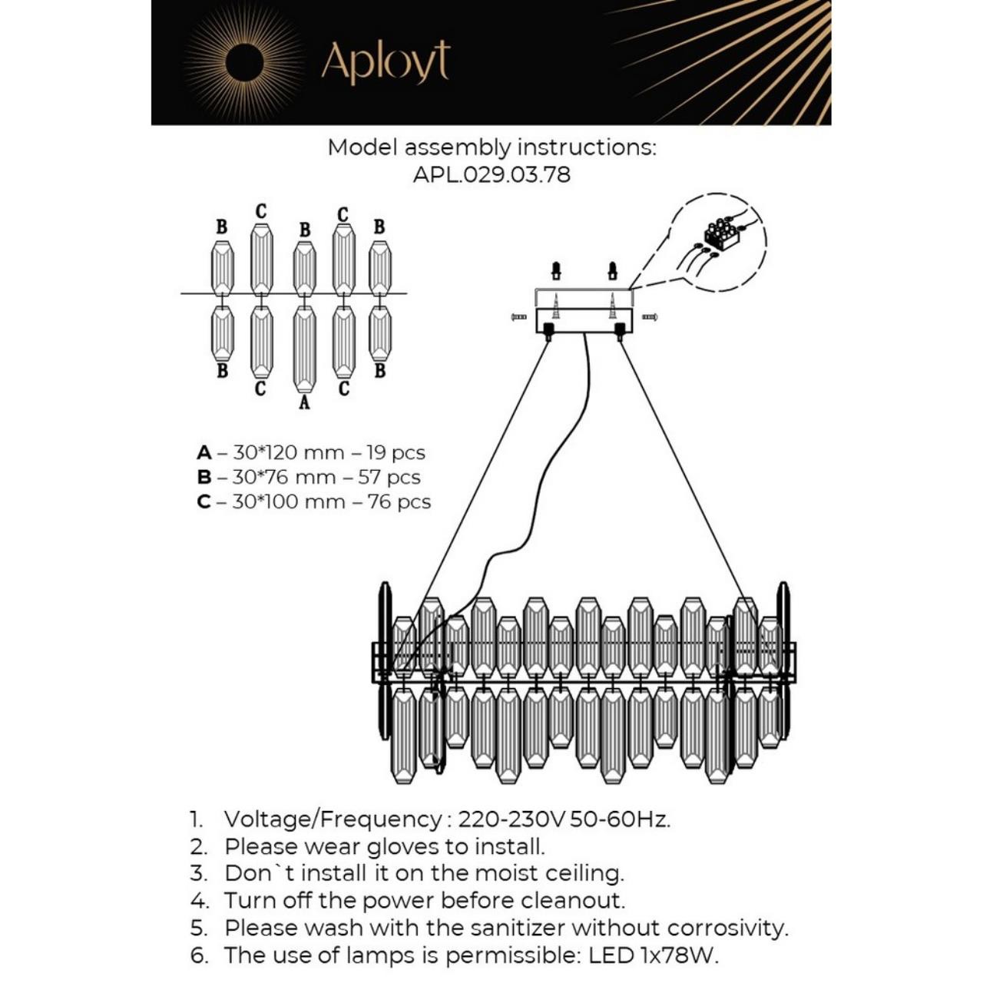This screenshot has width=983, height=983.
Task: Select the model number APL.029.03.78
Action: [x=491, y=174]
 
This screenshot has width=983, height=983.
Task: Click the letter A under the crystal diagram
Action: [x=304, y=402]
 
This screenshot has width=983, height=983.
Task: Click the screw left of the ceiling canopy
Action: [x=518, y=316]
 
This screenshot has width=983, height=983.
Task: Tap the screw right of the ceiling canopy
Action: [x=649, y=316]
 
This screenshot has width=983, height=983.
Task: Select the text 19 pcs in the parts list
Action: [x=396, y=452]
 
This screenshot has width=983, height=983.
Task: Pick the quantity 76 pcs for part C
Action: [x=399, y=501]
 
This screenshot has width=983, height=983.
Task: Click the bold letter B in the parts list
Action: [x=204, y=477]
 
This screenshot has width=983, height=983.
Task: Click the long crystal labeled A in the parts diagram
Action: [x=304, y=349]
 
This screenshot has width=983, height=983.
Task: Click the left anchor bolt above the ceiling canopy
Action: [x=557, y=270]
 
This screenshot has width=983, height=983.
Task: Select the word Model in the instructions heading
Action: [x=362, y=147]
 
